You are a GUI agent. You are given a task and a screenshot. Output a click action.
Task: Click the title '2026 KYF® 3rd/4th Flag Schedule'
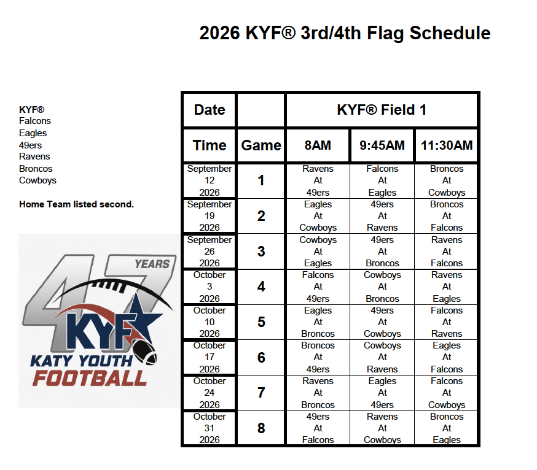click(x=345, y=33)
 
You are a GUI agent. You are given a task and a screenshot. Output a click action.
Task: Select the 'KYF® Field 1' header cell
click(x=382, y=110)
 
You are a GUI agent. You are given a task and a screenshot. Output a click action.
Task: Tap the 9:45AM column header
click(x=382, y=145)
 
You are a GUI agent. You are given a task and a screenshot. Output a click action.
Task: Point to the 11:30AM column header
click(x=447, y=145)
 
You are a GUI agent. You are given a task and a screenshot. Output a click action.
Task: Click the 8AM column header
click(x=318, y=145)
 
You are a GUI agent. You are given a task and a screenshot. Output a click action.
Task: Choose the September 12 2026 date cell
click(x=210, y=180)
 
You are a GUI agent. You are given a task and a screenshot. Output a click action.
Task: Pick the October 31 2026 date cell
click(x=210, y=428)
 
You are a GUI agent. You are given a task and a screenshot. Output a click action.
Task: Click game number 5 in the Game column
click(x=261, y=322)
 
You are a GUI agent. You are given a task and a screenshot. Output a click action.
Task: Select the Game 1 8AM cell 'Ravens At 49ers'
click(x=318, y=180)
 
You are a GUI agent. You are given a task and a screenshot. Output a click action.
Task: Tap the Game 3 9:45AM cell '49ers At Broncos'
click(x=382, y=252)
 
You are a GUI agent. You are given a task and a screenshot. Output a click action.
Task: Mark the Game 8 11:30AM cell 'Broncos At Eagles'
click(x=447, y=428)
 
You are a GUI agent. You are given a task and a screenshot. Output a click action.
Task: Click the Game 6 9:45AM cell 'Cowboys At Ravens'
click(x=382, y=357)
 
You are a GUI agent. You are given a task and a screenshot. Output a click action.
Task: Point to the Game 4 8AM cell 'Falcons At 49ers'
click(x=318, y=287)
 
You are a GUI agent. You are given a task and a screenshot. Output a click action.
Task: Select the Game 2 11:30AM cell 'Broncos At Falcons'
click(x=447, y=216)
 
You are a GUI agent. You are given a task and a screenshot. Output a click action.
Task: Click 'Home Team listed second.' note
click(x=76, y=204)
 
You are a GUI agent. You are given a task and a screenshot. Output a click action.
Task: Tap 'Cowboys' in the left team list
click(x=37, y=180)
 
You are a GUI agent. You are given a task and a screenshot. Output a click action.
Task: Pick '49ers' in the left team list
click(x=31, y=145)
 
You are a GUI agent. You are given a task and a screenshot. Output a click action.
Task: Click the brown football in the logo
click(x=144, y=352)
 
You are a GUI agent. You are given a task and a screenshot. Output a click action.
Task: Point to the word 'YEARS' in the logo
click(x=152, y=264)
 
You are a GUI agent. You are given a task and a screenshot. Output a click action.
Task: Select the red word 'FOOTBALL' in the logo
click(x=90, y=379)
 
